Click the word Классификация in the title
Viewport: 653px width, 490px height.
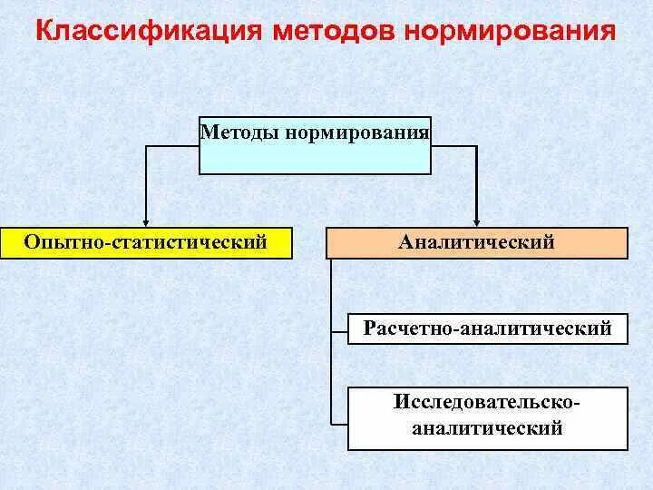coord(144,32)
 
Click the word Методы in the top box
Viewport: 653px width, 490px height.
coord(241,133)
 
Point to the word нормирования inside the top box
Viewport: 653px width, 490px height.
coord(356,133)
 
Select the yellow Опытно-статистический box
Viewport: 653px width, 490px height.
coord(146,243)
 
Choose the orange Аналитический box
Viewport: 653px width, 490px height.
coord(476,243)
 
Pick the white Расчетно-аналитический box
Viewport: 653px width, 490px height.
coord(487,328)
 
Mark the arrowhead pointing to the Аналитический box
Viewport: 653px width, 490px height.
coord(476,220)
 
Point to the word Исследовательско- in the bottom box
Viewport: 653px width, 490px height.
coord(487,400)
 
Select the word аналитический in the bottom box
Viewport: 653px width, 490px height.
coord(487,427)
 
